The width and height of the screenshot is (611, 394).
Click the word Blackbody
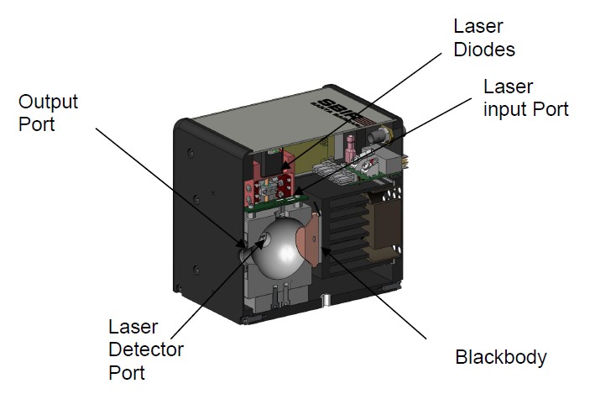[x=500, y=356]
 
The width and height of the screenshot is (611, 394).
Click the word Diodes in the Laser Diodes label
[x=483, y=49]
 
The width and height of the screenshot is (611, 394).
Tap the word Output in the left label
[x=48, y=102]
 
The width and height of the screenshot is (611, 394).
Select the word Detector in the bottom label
[x=146, y=349]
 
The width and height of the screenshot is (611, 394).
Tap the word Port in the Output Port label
[x=37, y=124]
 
